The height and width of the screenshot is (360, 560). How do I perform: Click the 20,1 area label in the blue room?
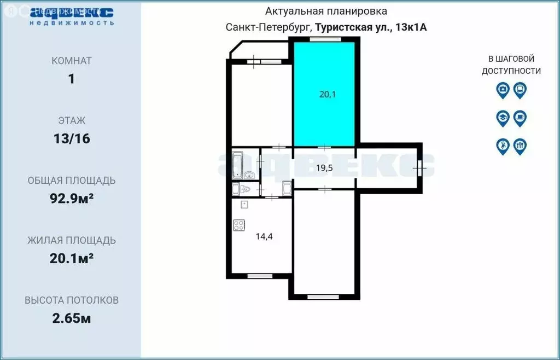pyautogui.click(x=327, y=94)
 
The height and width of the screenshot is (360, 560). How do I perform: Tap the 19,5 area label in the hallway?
pyautogui.click(x=325, y=168)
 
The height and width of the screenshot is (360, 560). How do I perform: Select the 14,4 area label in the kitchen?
pyautogui.click(x=264, y=236)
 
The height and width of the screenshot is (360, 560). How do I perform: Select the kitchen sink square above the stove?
pyautogui.click(x=244, y=205)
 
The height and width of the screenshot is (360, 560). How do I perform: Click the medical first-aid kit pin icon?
pyautogui.click(x=503, y=90)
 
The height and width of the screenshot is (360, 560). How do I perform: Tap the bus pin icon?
pyautogui.click(x=520, y=90)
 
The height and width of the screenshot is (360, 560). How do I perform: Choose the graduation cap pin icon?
pyautogui.click(x=503, y=118)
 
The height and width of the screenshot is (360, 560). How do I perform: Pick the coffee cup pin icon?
pyautogui.click(x=520, y=118)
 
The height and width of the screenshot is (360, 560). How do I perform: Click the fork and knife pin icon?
pyautogui.click(x=520, y=146)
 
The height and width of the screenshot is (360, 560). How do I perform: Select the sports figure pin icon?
pyautogui.click(x=503, y=146)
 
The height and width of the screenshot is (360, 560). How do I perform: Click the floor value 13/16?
pyautogui.click(x=71, y=139)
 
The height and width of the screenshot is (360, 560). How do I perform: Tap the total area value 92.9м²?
pyautogui.click(x=71, y=199)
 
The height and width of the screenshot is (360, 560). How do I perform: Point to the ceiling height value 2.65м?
pyautogui.click(x=71, y=318)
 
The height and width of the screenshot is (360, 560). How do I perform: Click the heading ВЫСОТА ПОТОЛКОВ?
pyautogui.click(x=71, y=300)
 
